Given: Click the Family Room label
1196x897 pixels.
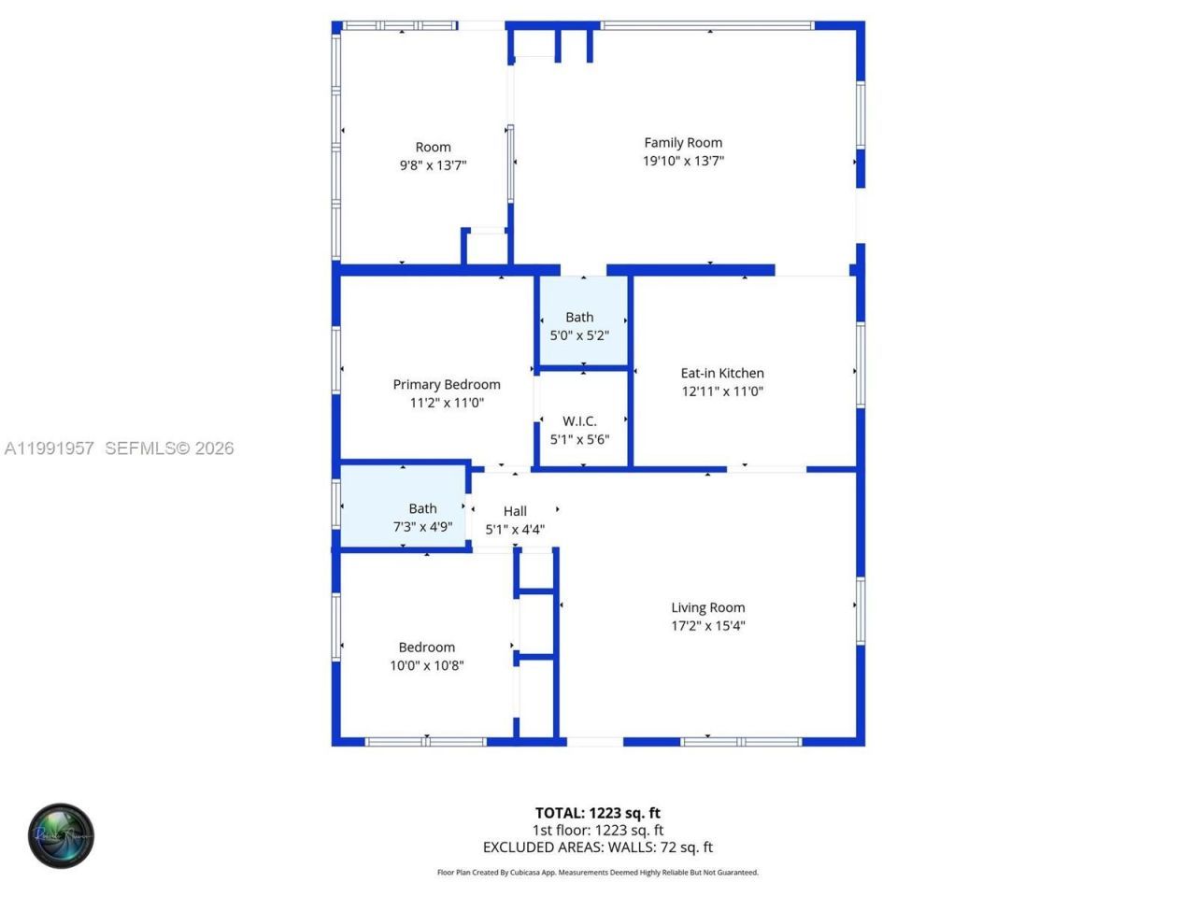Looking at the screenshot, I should (x=683, y=143).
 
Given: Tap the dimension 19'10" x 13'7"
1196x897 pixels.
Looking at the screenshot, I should (x=683, y=161).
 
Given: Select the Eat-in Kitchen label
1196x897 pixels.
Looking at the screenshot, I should (x=722, y=373).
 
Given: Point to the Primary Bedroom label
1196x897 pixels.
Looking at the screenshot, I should (x=447, y=384).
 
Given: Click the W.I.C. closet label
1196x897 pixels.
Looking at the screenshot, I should (x=579, y=421).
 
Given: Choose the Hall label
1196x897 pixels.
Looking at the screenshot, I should (x=515, y=511).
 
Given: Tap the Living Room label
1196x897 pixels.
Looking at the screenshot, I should (x=708, y=607).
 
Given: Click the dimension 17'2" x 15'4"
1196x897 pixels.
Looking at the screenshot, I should (x=708, y=626).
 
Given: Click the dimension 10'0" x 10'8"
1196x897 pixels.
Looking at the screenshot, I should (x=427, y=665).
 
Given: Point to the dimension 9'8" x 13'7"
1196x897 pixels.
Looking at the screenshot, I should (x=433, y=165).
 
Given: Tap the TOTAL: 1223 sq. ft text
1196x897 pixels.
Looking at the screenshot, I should (x=598, y=813).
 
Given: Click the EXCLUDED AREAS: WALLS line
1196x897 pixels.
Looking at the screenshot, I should (x=598, y=847).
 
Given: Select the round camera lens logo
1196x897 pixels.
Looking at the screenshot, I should (x=61, y=835).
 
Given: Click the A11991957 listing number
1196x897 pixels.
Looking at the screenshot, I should (x=49, y=448).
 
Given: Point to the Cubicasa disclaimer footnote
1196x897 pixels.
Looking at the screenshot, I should (x=598, y=873).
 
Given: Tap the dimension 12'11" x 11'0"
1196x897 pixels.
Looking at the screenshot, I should (x=722, y=392).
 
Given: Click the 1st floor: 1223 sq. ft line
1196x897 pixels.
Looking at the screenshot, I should (x=598, y=830).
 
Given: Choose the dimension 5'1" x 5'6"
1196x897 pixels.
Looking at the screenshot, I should (x=579, y=439).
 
